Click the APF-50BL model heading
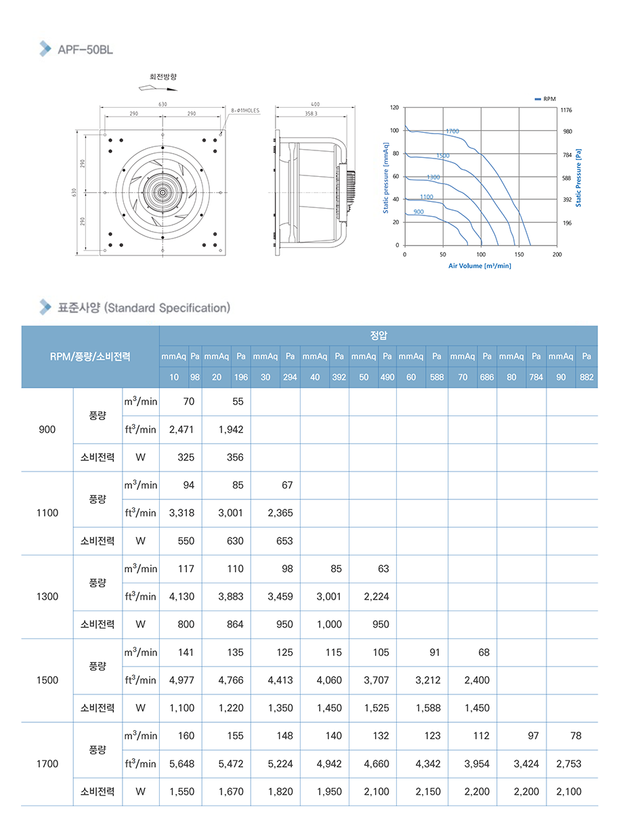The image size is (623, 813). click(x=85, y=49)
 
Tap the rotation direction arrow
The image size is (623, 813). click(x=156, y=88)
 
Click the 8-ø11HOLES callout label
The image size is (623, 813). click(x=245, y=110)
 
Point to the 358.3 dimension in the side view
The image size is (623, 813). click(x=311, y=114)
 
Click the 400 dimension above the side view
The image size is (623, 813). click(x=315, y=104)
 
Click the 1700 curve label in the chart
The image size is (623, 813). click(x=452, y=130)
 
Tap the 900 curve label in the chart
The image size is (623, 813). click(x=418, y=212)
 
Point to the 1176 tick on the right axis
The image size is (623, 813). click(x=567, y=108)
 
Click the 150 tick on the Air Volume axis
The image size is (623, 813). click(x=519, y=254)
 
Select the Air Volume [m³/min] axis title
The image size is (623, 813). click(x=479, y=266)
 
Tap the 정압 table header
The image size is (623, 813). click(x=379, y=335)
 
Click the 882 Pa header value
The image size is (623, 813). click(x=586, y=377)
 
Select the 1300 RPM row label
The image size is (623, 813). click(x=47, y=597)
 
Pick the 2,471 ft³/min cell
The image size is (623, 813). click(x=181, y=430)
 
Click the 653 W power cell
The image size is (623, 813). click(x=280, y=541)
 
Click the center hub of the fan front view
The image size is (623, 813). click(x=163, y=192)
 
